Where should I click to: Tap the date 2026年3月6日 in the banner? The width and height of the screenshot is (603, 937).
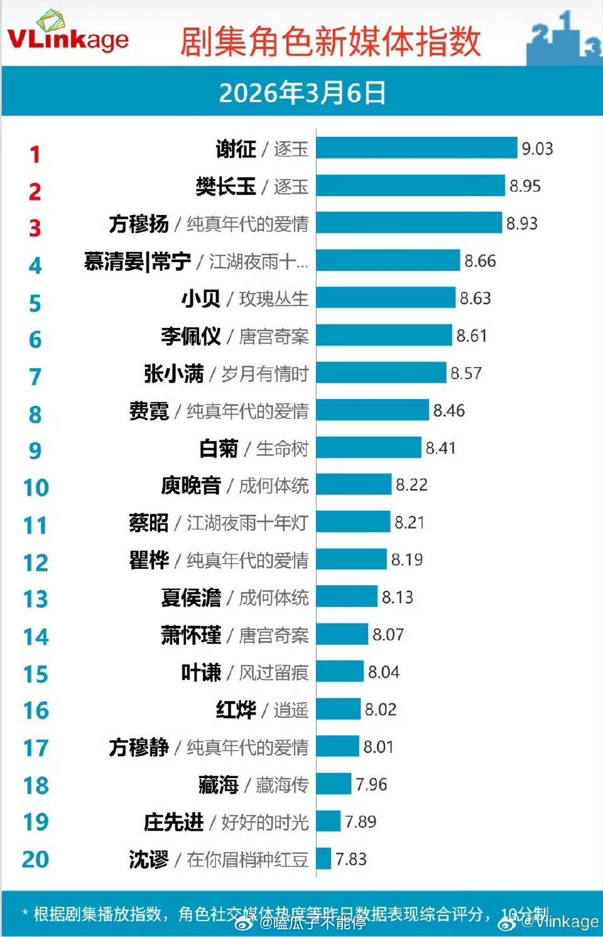click(x=302, y=93)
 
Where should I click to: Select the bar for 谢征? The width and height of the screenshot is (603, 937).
click(x=416, y=148)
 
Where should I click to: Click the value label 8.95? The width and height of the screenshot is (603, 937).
click(x=524, y=186)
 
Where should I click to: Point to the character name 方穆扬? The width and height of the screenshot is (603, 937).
click(x=139, y=224)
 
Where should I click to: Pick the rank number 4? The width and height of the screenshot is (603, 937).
click(x=35, y=265)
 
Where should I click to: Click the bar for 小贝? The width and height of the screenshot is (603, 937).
click(x=386, y=298)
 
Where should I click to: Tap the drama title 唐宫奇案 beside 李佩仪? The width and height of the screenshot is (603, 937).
click(x=274, y=336)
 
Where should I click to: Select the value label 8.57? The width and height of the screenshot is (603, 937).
click(x=466, y=373)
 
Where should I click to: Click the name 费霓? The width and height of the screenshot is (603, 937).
click(x=149, y=411)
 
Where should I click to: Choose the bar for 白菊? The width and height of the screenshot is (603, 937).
click(x=369, y=448)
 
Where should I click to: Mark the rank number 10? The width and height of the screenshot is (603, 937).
click(x=36, y=488)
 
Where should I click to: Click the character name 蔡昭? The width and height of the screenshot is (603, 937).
click(x=149, y=523)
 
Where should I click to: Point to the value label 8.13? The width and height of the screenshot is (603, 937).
click(x=398, y=597)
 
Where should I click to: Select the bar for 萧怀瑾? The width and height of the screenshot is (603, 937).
click(x=342, y=635)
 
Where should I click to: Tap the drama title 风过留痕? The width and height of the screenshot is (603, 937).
click(x=274, y=672)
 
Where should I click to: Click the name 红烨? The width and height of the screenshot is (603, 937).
click(x=236, y=710)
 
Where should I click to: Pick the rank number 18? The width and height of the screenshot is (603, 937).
click(x=36, y=786)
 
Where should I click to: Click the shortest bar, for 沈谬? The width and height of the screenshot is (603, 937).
click(x=323, y=859)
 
